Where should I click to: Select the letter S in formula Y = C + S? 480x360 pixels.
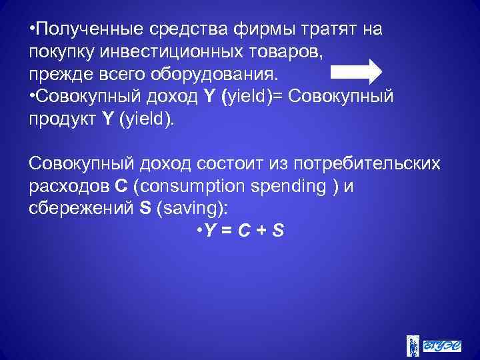click(x=278, y=230)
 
